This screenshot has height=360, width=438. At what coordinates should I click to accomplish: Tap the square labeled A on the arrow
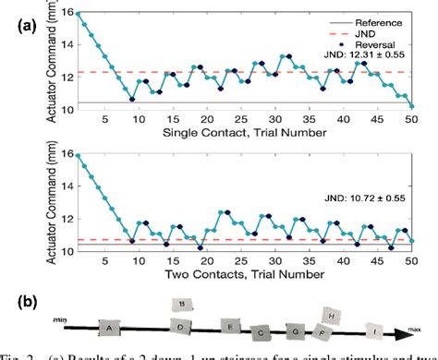pos(110,327)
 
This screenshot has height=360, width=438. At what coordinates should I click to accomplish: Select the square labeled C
pos(262,330)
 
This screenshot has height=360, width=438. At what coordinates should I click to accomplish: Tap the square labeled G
pos(295,330)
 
